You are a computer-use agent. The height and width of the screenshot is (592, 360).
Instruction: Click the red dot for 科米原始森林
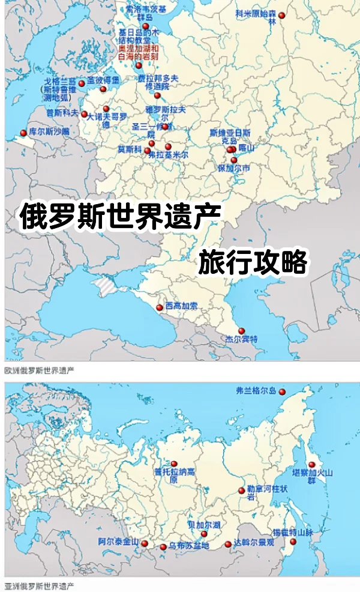281,16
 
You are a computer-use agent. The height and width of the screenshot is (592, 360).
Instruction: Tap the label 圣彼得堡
103,80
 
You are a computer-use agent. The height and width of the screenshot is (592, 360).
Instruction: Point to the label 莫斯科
129,149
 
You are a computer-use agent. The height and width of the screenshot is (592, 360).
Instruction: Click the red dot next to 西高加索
159,307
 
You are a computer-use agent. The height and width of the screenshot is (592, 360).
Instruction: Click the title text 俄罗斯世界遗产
121,217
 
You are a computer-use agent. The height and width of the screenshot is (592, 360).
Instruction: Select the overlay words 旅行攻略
253,262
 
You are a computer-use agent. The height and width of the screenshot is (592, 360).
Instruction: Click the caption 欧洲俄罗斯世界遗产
39,370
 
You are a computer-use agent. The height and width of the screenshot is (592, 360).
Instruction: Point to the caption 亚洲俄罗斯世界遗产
39,585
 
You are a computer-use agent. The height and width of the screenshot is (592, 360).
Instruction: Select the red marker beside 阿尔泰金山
145,543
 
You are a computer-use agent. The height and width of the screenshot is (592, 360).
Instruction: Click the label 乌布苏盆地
189,546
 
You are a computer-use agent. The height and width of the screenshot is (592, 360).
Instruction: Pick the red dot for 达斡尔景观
228,545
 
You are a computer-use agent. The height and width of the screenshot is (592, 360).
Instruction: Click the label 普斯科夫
62,112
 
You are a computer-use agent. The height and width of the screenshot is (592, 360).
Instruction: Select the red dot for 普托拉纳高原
174,464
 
